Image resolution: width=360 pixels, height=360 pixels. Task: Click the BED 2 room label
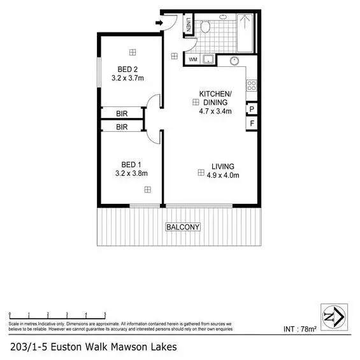pyautogui.click(x=127, y=69)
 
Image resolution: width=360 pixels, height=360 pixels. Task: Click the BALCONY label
pyautogui.click(x=183, y=227)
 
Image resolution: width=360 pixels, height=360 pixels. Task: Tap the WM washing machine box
pyautogui.click(x=193, y=60)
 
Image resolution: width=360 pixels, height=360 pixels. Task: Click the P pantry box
pyautogui.click(x=252, y=109)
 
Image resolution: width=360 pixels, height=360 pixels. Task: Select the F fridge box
pyautogui.click(x=252, y=123)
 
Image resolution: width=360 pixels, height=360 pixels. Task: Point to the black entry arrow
pyautogui.click(x=159, y=24)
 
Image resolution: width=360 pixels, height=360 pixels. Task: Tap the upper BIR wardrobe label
pyautogui.click(x=122, y=113)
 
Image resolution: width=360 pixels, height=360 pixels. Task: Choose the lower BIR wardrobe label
pyautogui.click(x=122, y=127)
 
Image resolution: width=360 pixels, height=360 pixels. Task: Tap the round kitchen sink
pyautogui.click(x=234, y=62)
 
